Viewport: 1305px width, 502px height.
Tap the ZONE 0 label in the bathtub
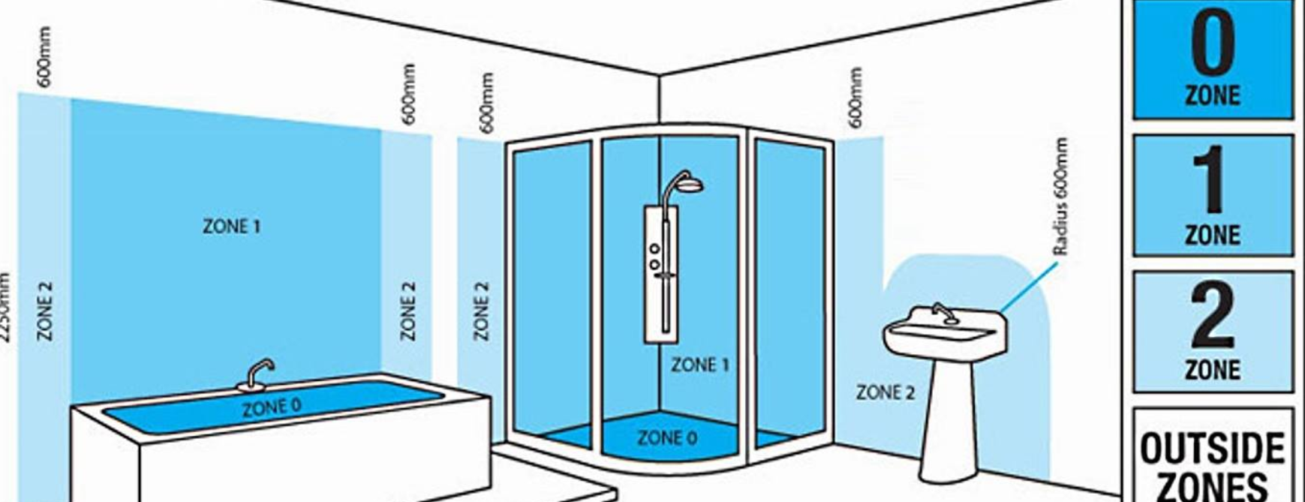point(272,407)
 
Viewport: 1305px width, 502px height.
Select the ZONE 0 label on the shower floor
point(666,437)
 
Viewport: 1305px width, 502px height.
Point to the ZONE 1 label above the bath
point(232,226)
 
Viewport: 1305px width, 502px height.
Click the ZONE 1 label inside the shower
point(699,365)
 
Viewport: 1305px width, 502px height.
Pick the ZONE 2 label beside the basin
point(886,392)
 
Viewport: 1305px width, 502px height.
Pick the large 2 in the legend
point(1212,316)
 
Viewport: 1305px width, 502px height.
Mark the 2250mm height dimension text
point(6,308)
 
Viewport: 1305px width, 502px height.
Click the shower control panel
point(660,274)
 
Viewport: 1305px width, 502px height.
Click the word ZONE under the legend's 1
point(1212,236)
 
